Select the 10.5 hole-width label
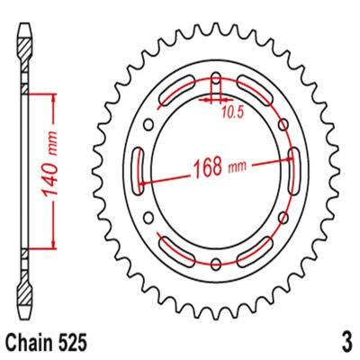(232, 112)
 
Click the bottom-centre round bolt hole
(216, 264)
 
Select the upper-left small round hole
(148, 125)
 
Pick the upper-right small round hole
(283, 124)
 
